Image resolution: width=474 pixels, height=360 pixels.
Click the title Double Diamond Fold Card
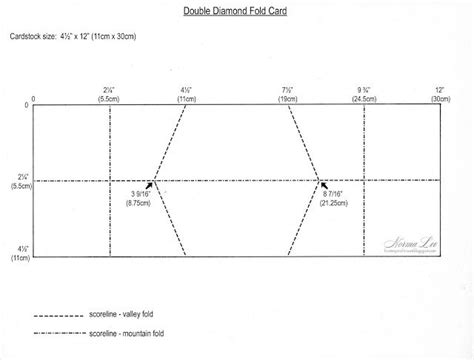pos(237,12)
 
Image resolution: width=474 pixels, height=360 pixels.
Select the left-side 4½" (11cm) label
pos(18,251)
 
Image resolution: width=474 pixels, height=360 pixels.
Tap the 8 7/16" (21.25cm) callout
pos(339,196)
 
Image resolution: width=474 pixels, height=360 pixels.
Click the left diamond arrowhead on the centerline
pos(151,182)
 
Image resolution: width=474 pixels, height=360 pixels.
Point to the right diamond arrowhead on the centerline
pos(321,182)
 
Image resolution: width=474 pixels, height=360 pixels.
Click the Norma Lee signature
pos(406,243)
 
